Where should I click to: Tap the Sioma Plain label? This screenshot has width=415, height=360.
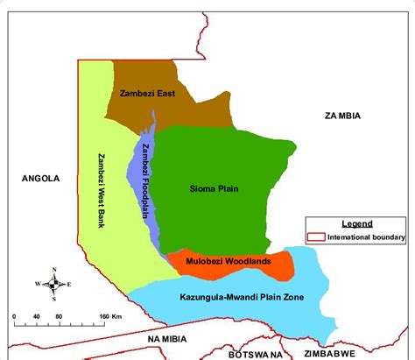(214, 187)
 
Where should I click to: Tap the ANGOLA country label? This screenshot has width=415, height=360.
(40, 178)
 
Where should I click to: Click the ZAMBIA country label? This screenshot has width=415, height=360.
(342, 116)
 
